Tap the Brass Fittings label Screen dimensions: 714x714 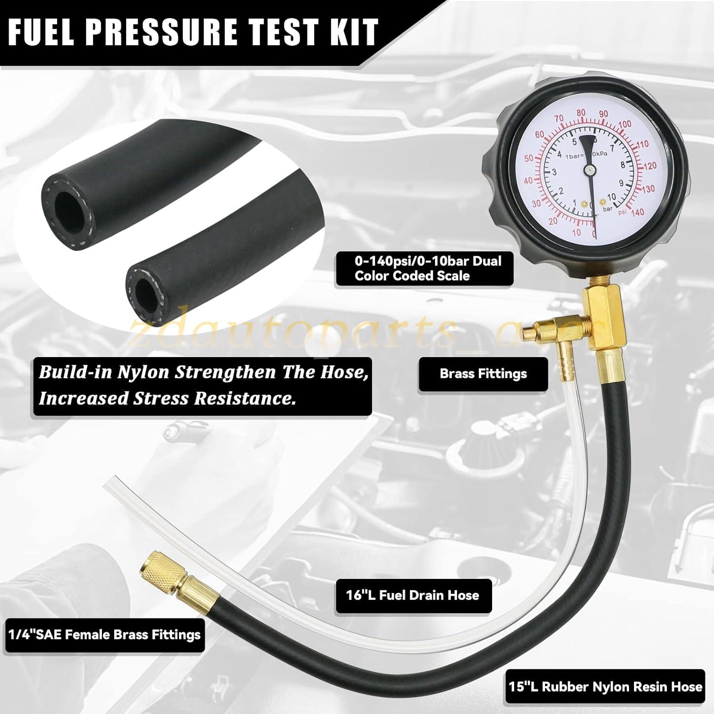pos(483,374)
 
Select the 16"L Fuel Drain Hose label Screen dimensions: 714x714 pos(412,595)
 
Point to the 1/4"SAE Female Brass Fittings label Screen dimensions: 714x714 pos(104,635)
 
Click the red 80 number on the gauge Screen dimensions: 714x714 pos(581,113)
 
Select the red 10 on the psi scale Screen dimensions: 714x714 pos(576,233)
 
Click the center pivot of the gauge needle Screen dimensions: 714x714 pos(590,169)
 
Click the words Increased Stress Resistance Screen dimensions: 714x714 pos(167,398)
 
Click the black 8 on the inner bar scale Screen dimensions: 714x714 pos(623,165)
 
